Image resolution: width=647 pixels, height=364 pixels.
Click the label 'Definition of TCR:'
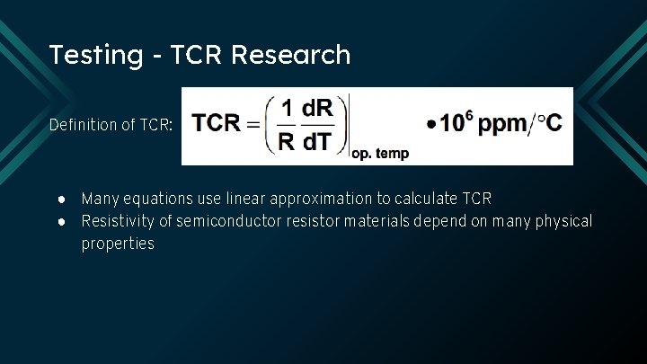pyautogui.click(x=111, y=125)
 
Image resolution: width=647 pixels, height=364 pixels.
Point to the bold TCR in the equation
pyautogui.click(x=217, y=122)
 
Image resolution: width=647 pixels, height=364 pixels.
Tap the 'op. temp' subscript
pyautogui.click(x=379, y=154)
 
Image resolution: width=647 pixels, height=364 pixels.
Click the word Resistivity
pyautogui.click(x=118, y=221)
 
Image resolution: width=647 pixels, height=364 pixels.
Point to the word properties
pyautogui.click(x=118, y=244)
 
